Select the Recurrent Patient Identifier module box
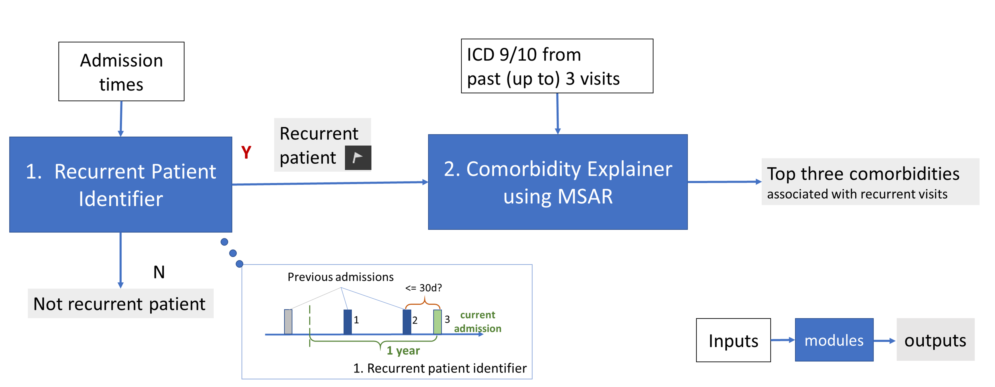pyautogui.click(x=121, y=184)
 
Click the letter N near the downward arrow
pyautogui.click(x=159, y=272)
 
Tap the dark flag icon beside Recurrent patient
pyautogui.click(x=358, y=158)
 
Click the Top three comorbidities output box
pyautogui.click(x=870, y=182)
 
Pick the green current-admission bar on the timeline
pyautogui.click(x=437, y=321)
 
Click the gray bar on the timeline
pyautogui.click(x=288, y=321)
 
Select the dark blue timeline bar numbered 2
pyautogui.click(x=407, y=321)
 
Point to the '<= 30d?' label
pyautogui.click(x=423, y=288)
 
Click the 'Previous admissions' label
pyautogui.click(x=340, y=277)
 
